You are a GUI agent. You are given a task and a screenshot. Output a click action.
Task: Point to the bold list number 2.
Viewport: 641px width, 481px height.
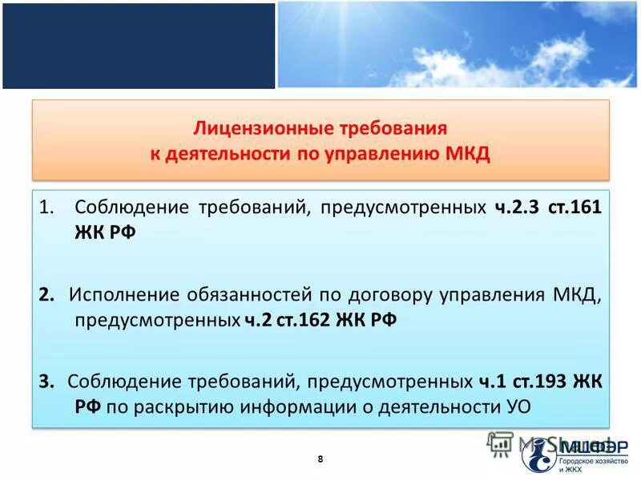46,294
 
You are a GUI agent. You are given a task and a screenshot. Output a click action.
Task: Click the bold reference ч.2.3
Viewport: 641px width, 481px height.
513,208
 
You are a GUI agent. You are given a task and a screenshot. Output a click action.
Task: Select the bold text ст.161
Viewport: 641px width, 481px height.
574,208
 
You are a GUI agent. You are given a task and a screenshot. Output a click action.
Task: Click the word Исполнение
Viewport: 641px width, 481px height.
113,294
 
